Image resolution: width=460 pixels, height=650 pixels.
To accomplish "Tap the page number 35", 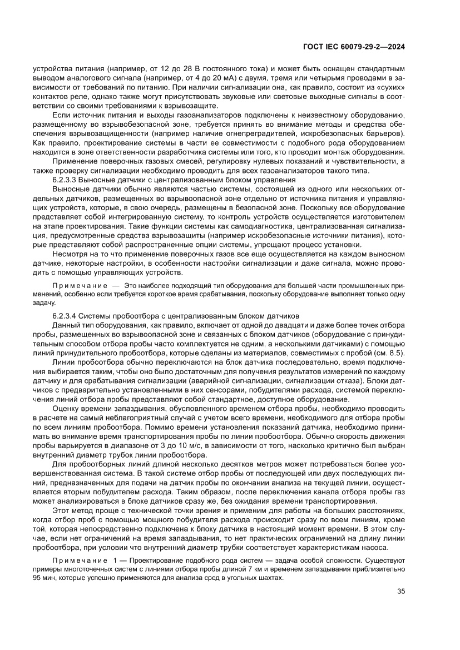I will [401, 591].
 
